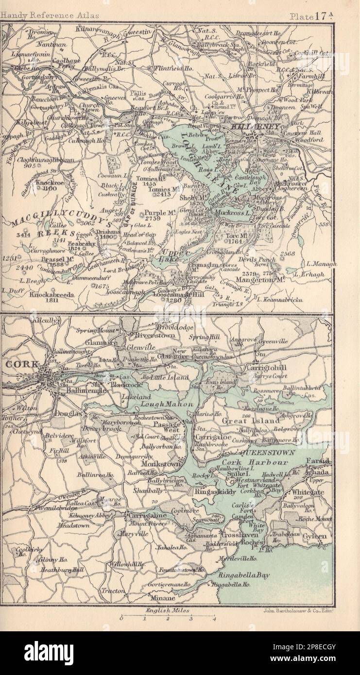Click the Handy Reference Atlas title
tap(50, 16)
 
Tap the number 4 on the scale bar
tap(214, 619)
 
